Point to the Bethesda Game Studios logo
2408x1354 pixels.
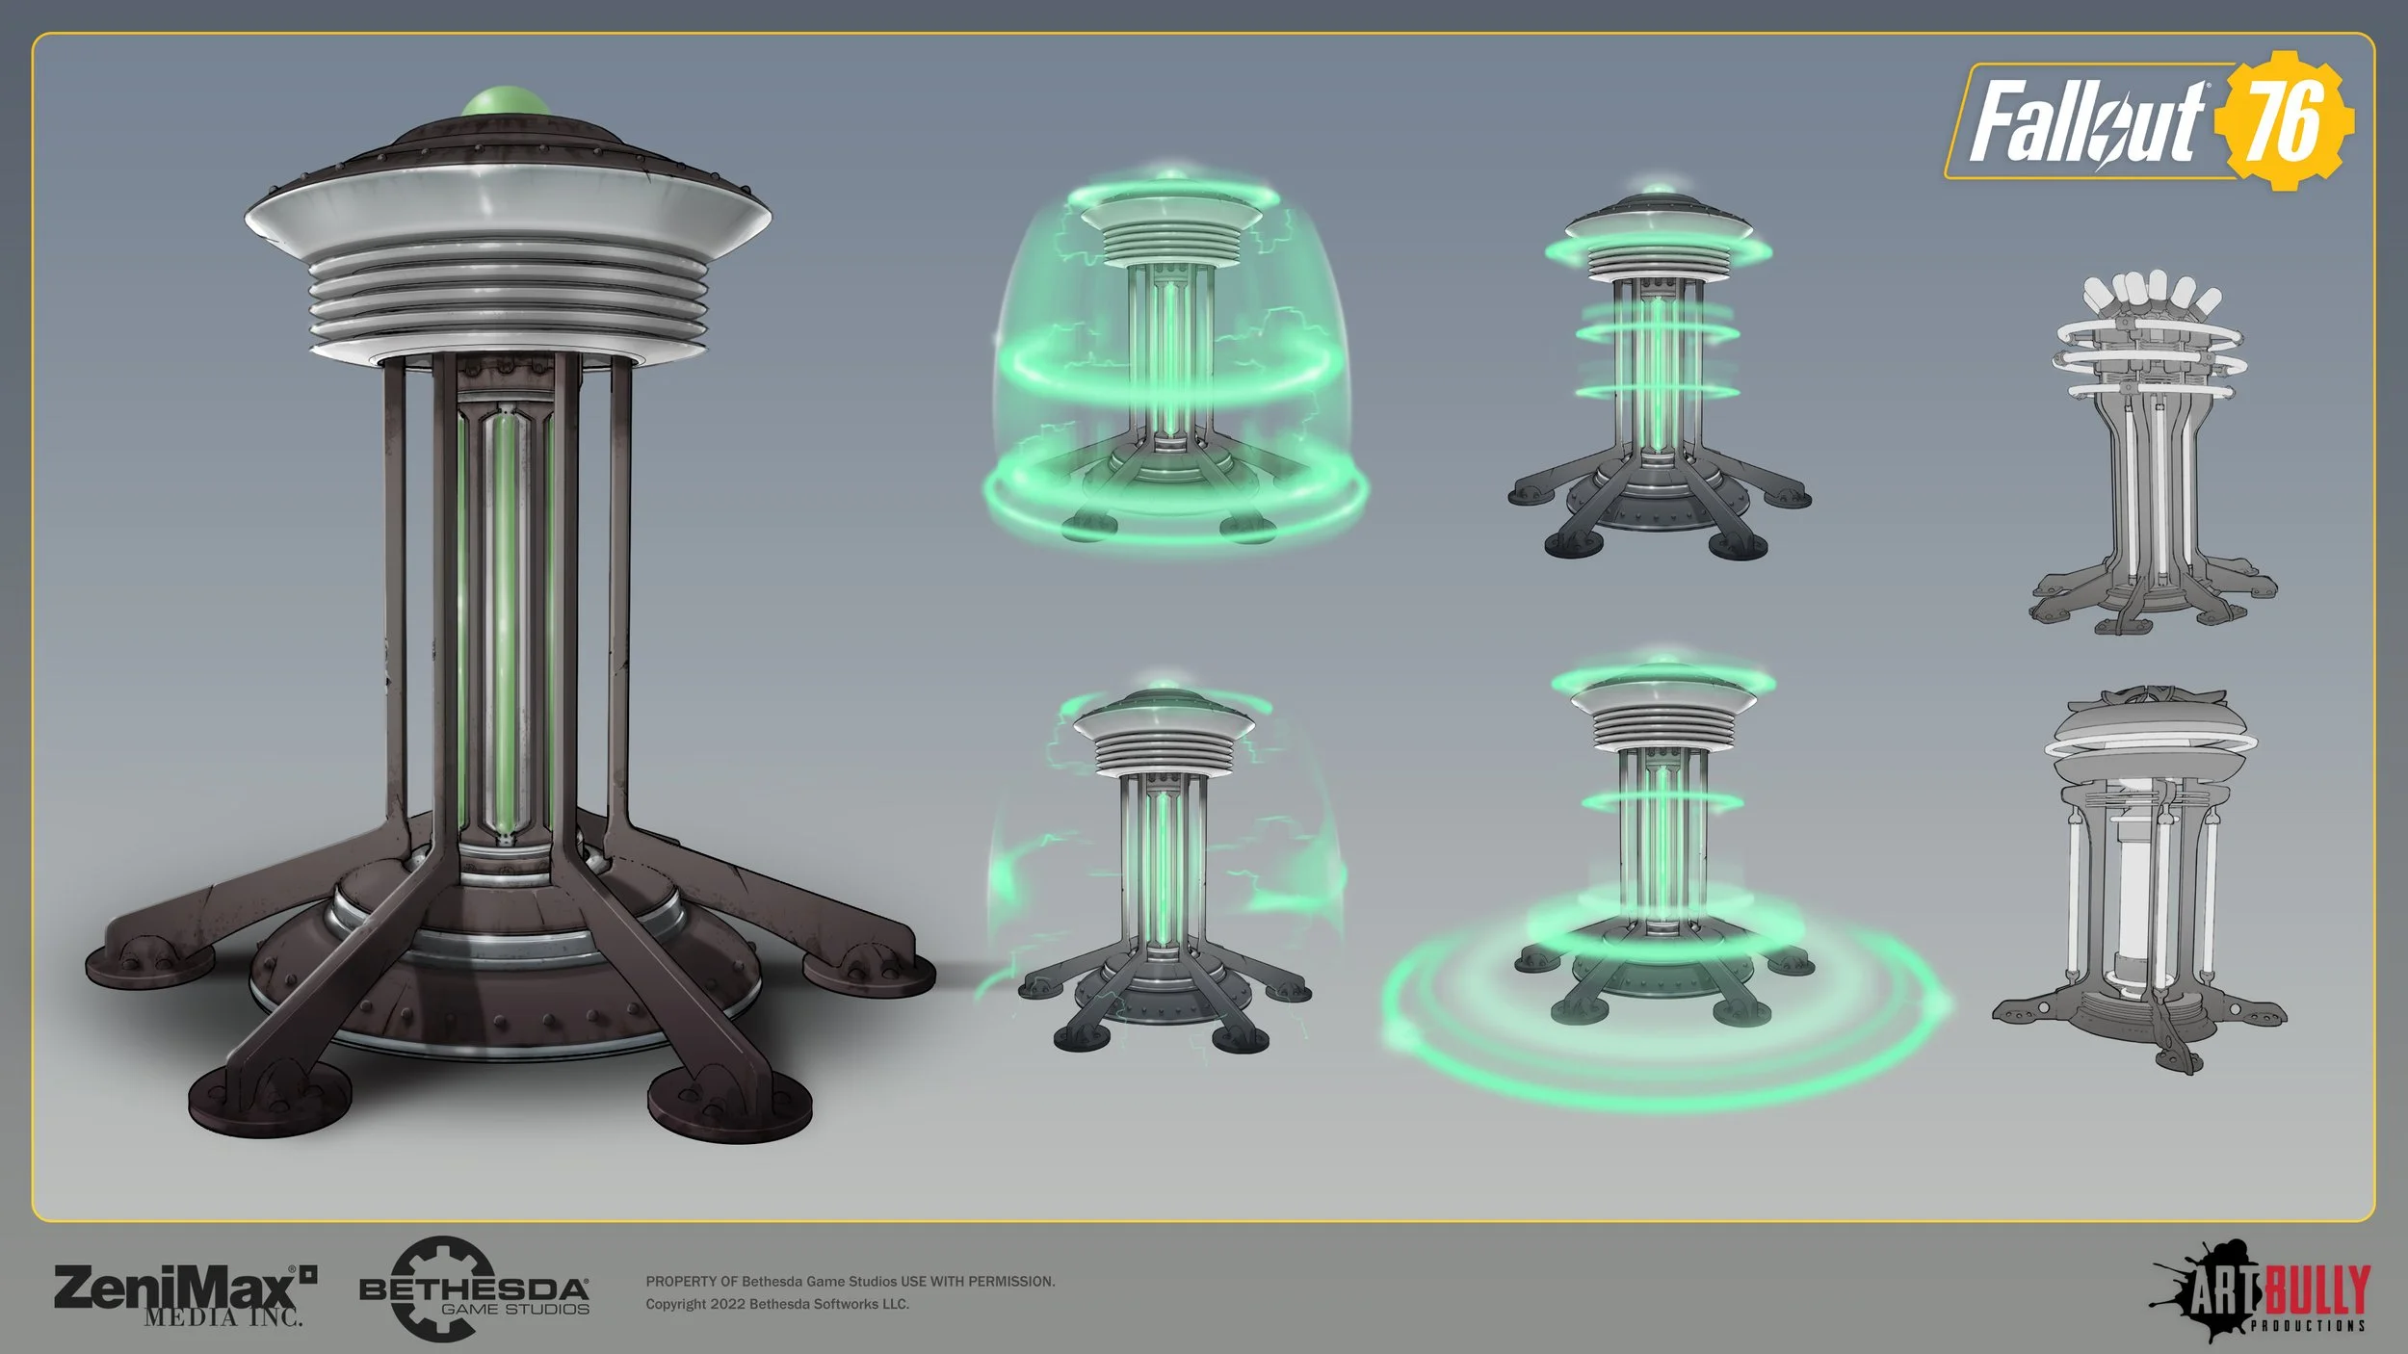tap(474, 1290)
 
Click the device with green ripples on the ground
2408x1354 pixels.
tap(1662, 867)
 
